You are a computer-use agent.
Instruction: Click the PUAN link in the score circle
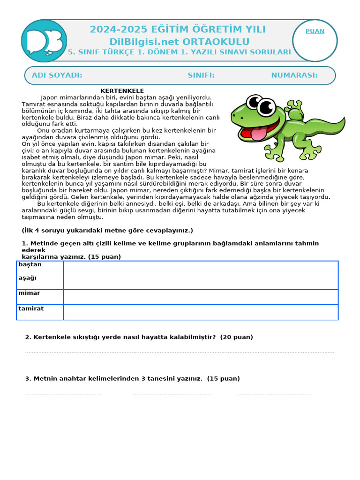pyautogui.click(x=315, y=31)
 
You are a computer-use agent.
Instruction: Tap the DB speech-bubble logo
pyautogui.click(x=44, y=41)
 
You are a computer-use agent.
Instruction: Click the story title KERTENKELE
pyautogui.click(x=122, y=91)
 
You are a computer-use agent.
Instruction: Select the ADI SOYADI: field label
pyautogui.click(x=57, y=75)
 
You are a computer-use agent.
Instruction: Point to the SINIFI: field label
pyautogui.click(x=201, y=75)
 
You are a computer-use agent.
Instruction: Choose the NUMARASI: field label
pyautogui.click(x=294, y=75)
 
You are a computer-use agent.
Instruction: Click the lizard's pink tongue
pyautogui.click(x=258, y=134)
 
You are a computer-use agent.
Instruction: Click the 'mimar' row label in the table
pyautogui.click(x=29, y=293)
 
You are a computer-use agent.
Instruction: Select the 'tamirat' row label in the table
pyautogui.click(x=31, y=308)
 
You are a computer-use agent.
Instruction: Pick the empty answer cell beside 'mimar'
pyautogui.click(x=201, y=297)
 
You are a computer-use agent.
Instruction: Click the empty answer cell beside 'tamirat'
pyautogui.click(x=201, y=312)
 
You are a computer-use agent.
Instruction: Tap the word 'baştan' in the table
pyautogui.click(x=30, y=264)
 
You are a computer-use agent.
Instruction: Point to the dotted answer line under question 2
pyautogui.click(x=179, y=352)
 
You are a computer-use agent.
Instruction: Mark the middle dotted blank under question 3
pyautogui.click(x=172, y=394)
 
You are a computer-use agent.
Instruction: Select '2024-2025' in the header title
pyautogui.click(x=114, y=30)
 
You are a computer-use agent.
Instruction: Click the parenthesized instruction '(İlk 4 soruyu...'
pyautogui.click(x=107, y=231)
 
